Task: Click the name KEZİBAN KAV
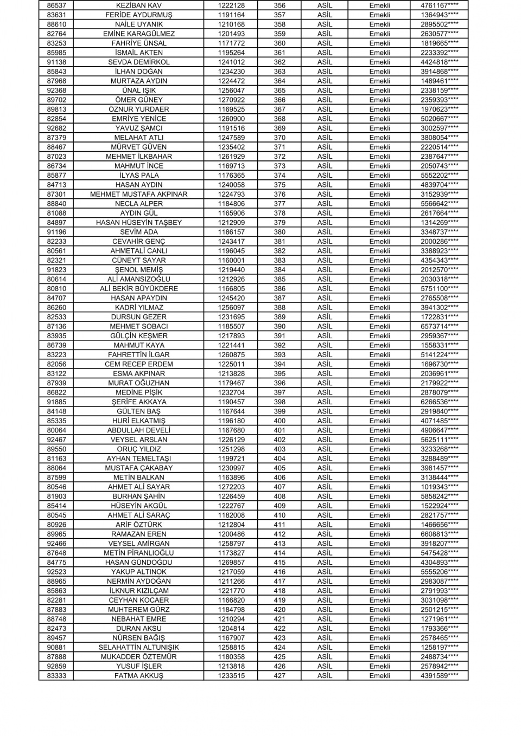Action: point(139,5)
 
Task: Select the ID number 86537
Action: point(56,5)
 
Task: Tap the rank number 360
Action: point(279,43)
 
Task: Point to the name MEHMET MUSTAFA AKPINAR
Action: point(139,194)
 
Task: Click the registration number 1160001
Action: point(231,260)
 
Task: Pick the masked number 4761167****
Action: point(439,5)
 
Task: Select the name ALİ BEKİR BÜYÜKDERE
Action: point(139,288)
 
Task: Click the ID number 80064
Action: point(56,430)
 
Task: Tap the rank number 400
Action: point(279,421)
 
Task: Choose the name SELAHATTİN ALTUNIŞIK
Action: point(139,647)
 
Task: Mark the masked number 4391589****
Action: point(439,675)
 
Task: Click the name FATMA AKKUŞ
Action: point(139,675)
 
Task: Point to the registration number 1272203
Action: point(231,487)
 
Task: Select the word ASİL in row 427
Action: point(325,675)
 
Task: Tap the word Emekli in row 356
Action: point(379,5)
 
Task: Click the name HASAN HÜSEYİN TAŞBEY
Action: point(139,222)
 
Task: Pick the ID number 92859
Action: point(56,666)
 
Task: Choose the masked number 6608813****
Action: point(439,534)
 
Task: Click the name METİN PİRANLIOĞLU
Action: point(139,553)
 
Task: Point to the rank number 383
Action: point(279,260)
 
